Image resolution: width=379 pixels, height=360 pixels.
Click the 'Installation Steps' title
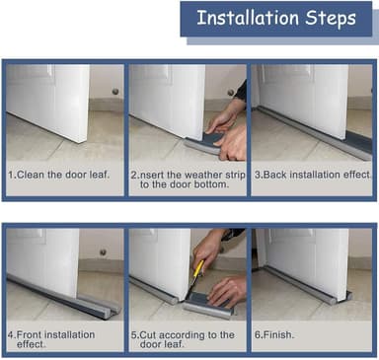click(276, 18)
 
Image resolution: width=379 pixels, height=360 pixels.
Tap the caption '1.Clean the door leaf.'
click(58, 175)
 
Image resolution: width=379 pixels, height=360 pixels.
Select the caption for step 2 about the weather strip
click(188, 180)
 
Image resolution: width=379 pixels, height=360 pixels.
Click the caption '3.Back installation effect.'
click(313, 175)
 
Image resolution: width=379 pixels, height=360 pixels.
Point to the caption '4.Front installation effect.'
click(51, 339)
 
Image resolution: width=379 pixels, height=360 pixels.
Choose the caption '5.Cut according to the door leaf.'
click(183, 339)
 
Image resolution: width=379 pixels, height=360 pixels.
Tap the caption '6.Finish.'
click(274, 335)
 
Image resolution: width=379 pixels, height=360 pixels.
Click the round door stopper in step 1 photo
click(115, 91)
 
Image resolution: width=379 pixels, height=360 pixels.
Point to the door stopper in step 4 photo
click(103, 252)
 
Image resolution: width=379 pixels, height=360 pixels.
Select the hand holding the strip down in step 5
click(227, 291)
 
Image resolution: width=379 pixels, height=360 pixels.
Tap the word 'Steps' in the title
click(331, 19)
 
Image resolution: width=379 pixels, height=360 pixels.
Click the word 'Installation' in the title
click(248, 18)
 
